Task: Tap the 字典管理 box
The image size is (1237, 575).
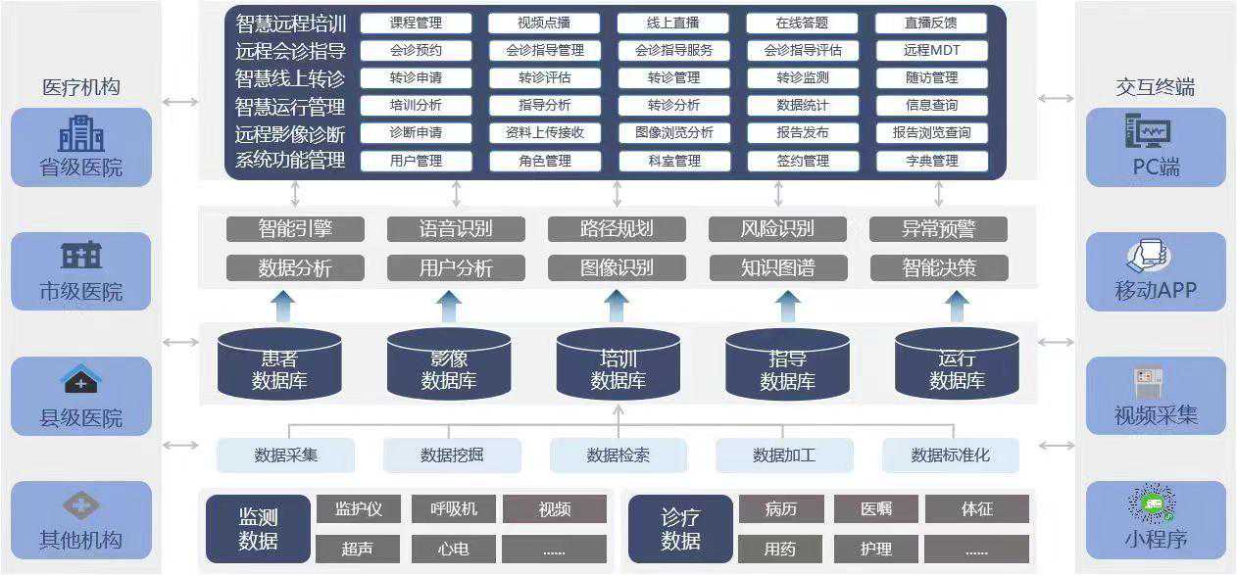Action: (x=931, y=161)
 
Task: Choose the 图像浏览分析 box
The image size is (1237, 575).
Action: (x=673, y=133)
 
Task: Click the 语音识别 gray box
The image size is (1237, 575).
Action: (x=456, y=229)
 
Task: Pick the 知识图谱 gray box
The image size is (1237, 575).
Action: (x=777, y=267)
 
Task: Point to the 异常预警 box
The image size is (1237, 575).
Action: (x=938, y=229)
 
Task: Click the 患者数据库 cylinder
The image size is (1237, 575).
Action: (x=279, y=364)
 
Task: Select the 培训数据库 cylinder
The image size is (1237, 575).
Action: (x=618, y=364)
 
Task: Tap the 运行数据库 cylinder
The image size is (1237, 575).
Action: (x=957, y=364)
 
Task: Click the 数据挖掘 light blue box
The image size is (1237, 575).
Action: (x=451, y=455)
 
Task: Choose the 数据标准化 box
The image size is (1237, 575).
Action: (x=950, y=455)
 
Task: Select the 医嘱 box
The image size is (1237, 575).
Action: (x=876, y=509)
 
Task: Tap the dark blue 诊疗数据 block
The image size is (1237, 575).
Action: (x=680, y=529)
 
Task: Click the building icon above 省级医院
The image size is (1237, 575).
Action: (x=81, y=133)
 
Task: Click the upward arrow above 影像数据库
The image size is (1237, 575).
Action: (x=449, y=306)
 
